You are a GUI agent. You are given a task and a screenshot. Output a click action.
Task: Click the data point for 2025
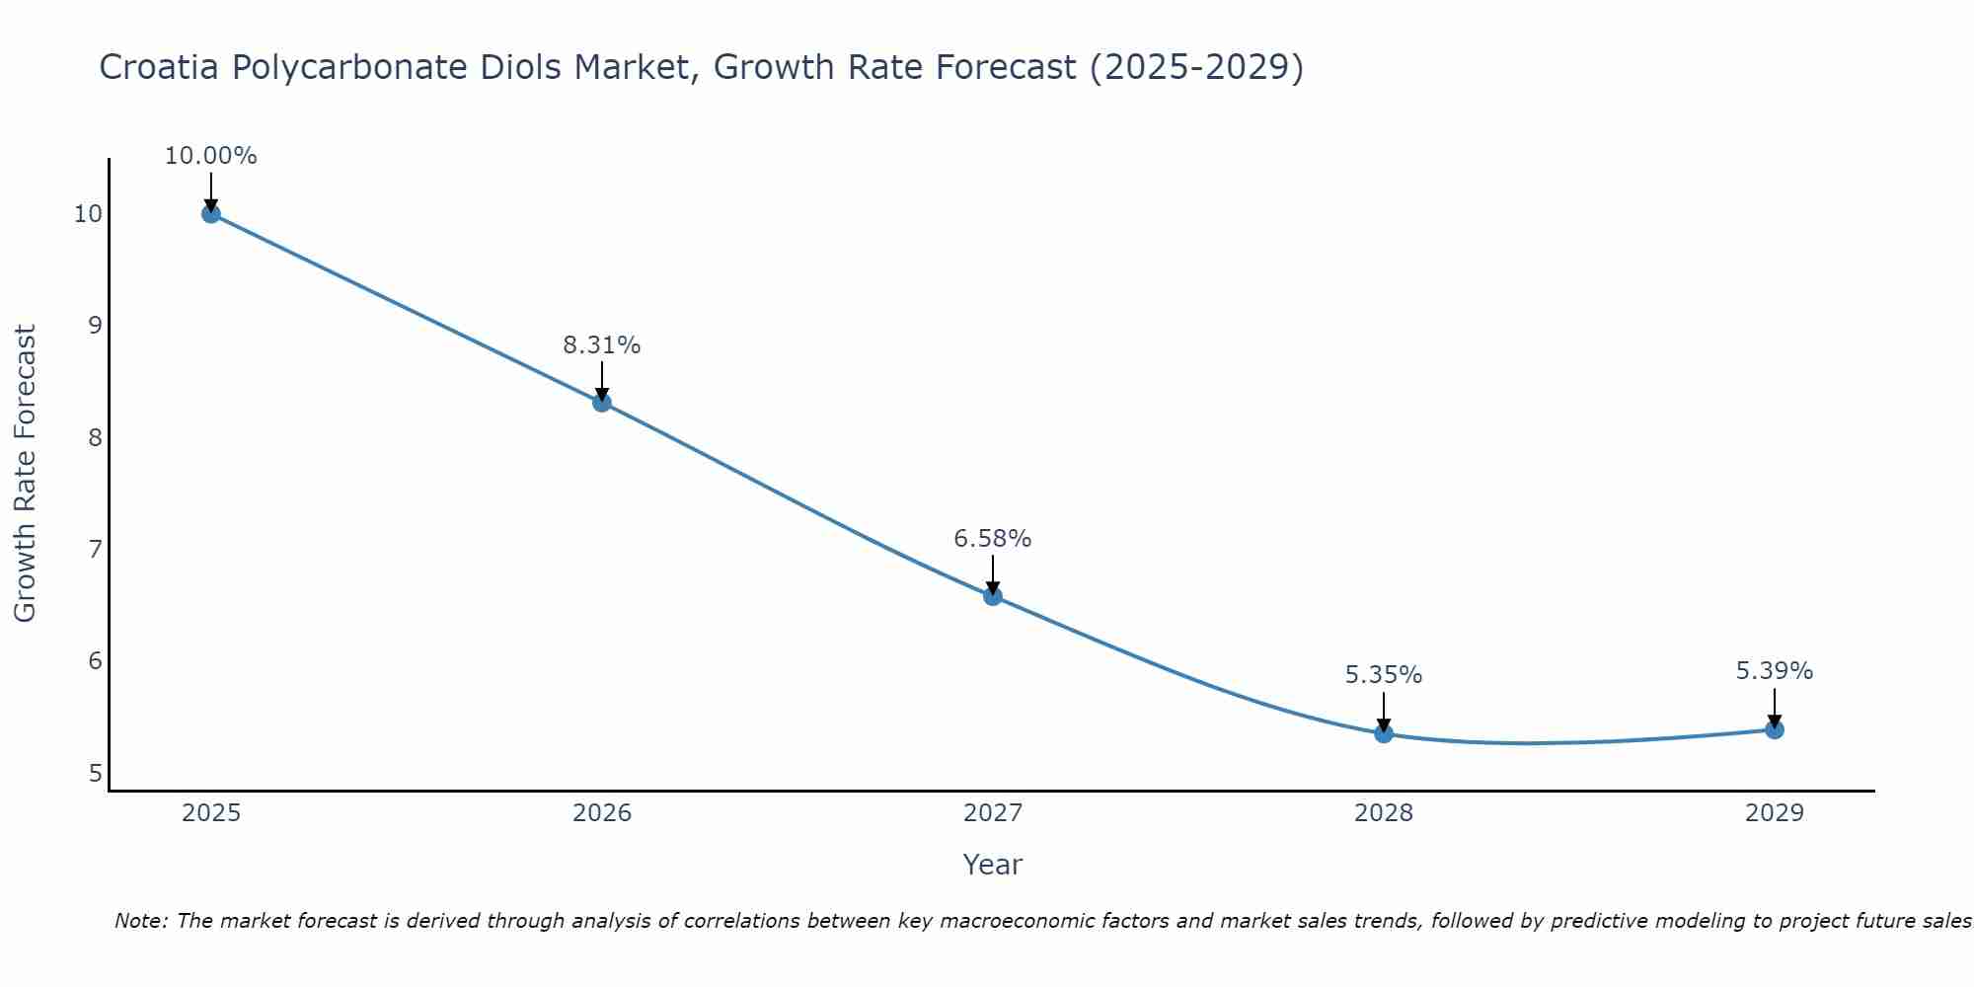(x=210, y=213)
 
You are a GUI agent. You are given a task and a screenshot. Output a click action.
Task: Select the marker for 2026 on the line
(x=602, y=402)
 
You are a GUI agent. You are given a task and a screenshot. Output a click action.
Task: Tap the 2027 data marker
(x=993, y=595)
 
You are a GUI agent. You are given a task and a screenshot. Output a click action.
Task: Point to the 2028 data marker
(x=1384, y=733)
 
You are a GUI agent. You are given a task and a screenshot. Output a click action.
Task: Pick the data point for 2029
(x=1775, y=729)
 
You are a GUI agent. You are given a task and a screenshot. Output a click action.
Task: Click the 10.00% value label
(x=210, y=156)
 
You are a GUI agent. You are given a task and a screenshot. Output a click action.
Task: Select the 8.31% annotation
(x=602, y=345)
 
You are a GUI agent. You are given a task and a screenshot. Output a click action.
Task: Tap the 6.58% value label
(x=993, y=539)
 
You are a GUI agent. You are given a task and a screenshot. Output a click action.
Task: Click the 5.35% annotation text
(x=1384, y=675)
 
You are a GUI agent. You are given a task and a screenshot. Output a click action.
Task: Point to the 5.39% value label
(x=1775, y=671)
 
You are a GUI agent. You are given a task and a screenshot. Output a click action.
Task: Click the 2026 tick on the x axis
(x=602, y=813)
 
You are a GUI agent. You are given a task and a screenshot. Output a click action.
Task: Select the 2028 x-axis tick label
(x=1384, y=813)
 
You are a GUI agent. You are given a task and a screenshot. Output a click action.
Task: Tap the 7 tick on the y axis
(x=95, y=549)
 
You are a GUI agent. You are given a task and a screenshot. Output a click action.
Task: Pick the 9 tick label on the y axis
(x=95, y=325)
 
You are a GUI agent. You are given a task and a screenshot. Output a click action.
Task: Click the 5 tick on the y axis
(x=95, y=773)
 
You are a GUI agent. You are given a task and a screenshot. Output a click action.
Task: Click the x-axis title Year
(x=993, y=865)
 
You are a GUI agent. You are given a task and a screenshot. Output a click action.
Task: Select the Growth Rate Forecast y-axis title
(x=26, y=474)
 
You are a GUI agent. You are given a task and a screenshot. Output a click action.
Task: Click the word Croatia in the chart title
(x=159, y=68)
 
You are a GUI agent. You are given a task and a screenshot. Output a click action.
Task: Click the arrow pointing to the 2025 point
(x=210, y=191)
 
